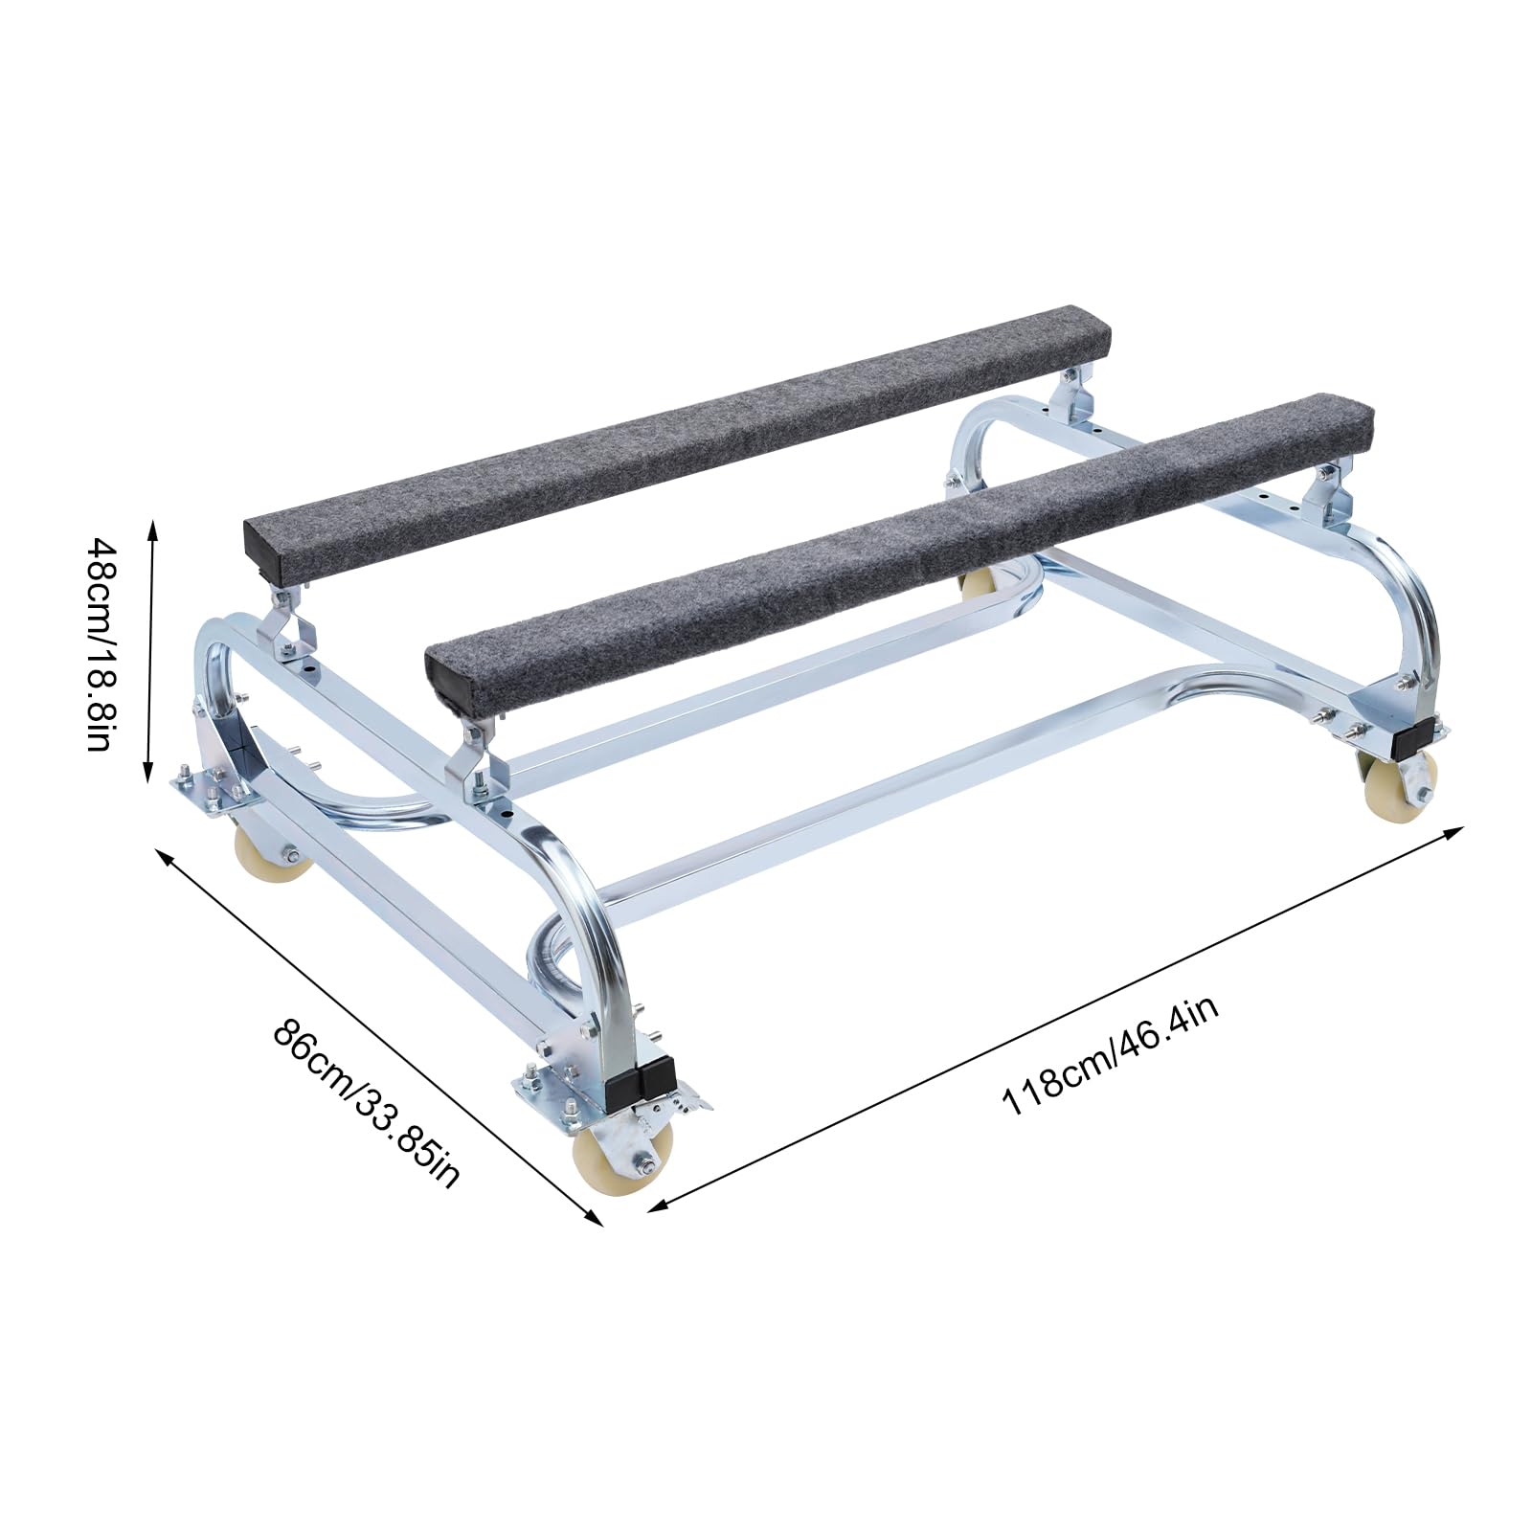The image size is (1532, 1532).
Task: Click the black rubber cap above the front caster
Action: click(642, 1077)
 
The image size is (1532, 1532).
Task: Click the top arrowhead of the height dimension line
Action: click(149, 524)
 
